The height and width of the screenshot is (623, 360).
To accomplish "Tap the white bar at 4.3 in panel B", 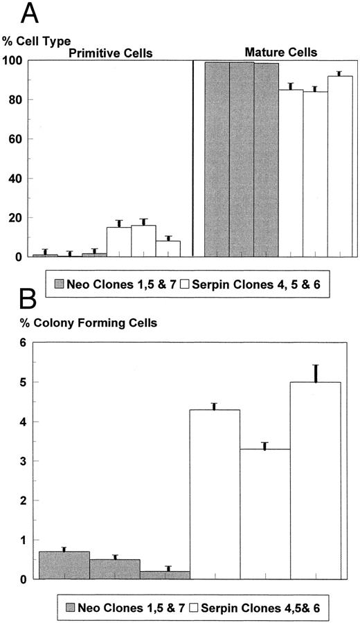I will point(215,494).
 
